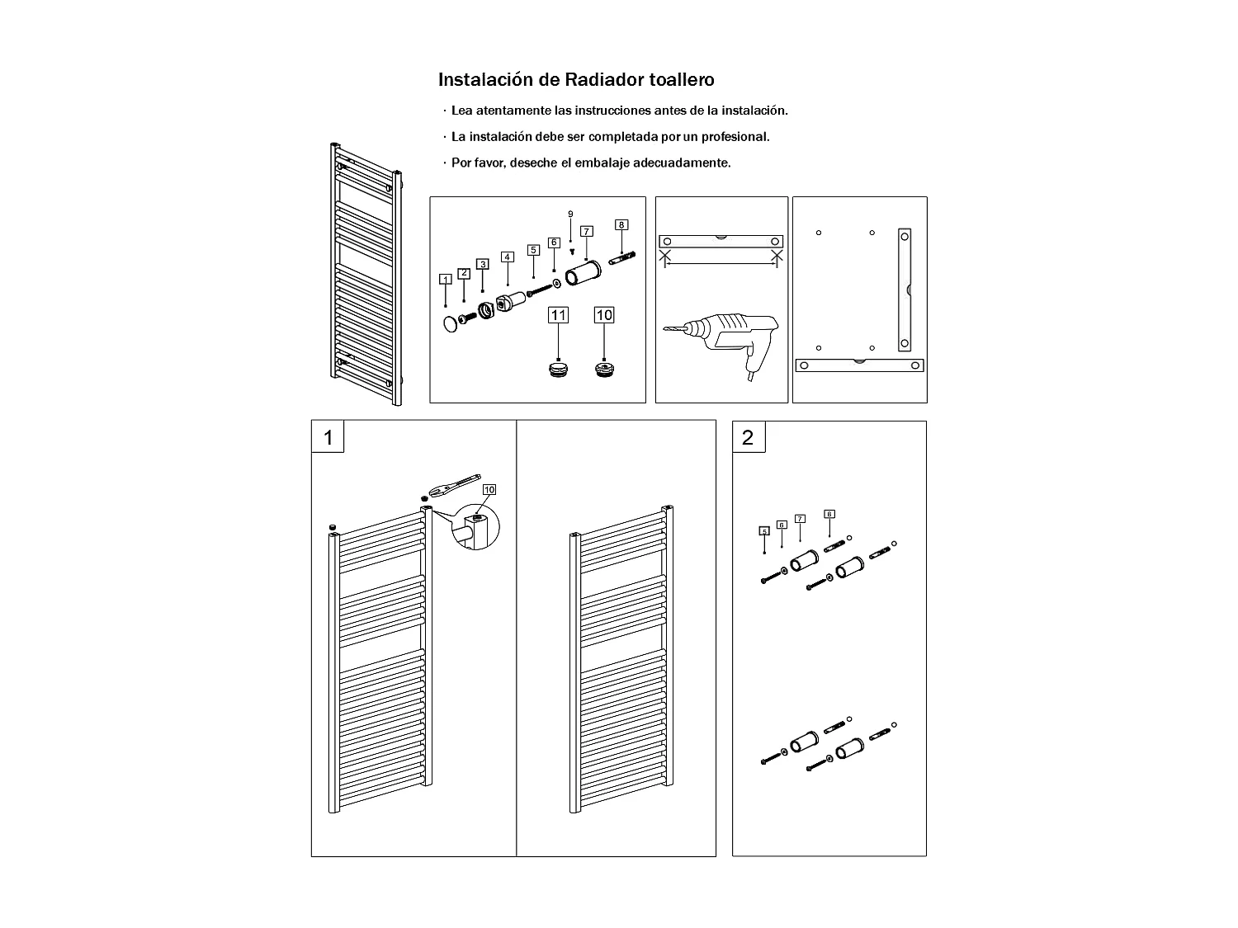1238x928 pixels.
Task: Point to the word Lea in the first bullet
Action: [x=461, y=111]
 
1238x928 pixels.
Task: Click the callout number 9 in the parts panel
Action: [x=570, y=214]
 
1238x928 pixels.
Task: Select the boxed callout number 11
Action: [x=559, y=315]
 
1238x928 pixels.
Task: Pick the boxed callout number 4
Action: [x=507, y=257]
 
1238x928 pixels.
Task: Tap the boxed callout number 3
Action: [x=483, y=264]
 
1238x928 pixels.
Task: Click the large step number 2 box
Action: [x=749, y=437]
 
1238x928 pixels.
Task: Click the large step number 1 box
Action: [x=328, y=437]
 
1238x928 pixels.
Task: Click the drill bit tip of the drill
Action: [x=665, y=330]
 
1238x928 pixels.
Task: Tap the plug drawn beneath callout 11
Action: [x=559, y=368]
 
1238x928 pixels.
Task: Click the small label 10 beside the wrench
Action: [x=489, y=490]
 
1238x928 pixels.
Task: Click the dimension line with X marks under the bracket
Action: [x=720, y=262]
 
